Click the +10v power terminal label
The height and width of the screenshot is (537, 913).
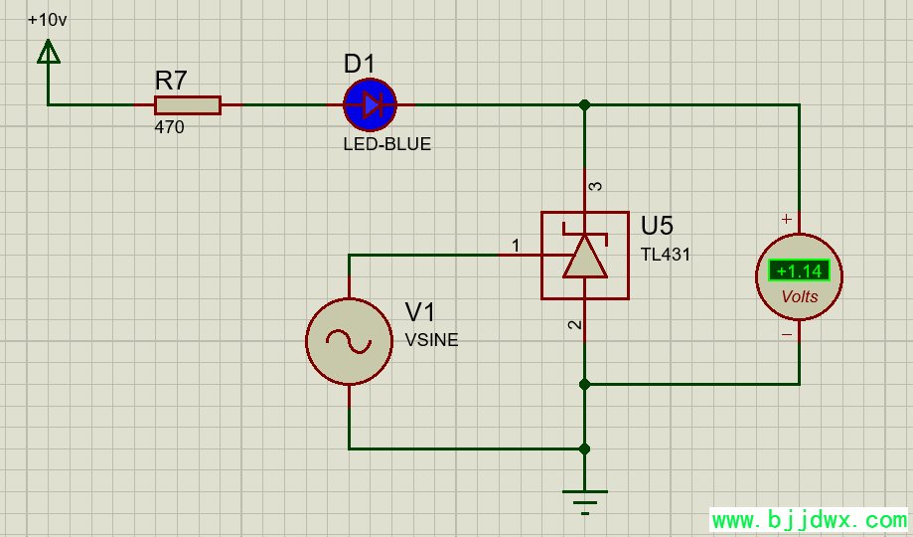click(48, 20)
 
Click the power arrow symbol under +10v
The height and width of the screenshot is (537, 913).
click(48, 52)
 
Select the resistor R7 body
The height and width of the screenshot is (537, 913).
click(187, 105)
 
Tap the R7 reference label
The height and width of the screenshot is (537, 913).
click(171, 81)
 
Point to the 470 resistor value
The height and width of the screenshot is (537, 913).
click(169, 127)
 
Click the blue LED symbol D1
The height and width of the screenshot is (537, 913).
click(371, 104)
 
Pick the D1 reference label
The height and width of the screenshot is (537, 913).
click(360, 65)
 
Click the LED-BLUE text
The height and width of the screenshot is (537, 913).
click(387, 144)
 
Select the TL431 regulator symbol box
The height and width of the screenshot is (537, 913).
click(584, 256)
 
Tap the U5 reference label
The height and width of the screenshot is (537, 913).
click(658, 226)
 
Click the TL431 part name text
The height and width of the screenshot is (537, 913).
click(666, 255)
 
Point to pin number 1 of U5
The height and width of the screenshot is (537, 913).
click(516, 245)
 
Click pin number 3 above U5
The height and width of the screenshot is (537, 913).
click(595, 186)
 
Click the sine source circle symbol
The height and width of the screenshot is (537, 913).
click(349, 341)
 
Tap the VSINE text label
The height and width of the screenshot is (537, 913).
click(432, 340)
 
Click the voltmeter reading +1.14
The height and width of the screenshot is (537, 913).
click(799, 270)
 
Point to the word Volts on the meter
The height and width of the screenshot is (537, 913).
click(800, 296)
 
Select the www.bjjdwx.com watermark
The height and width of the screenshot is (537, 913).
click(809, 520)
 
